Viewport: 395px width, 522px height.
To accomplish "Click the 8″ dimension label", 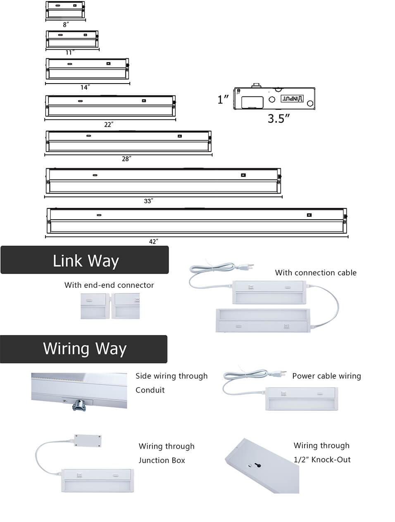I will pos(65,25).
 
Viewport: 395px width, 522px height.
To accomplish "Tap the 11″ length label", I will pos(69,53).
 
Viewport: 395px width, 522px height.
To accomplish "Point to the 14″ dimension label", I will pos(85,87).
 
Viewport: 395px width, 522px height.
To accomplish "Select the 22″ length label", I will pos(109,124).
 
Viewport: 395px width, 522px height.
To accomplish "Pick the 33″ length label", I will pos(148,201).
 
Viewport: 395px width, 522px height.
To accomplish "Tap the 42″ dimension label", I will pos(154,242).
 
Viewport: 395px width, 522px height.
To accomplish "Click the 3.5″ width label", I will pos(279,119).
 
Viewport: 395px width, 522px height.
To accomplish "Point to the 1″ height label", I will pos(223,99).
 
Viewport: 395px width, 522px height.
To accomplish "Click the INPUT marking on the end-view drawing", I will pos(292,98).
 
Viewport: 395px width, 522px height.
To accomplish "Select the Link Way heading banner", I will pos(85,260).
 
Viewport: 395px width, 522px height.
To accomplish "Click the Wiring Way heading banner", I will pos(84,349).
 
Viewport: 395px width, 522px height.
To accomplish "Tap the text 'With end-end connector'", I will pos(109,285).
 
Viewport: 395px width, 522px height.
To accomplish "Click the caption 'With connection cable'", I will pos(316,273).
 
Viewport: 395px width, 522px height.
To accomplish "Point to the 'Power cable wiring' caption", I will pos(326,376).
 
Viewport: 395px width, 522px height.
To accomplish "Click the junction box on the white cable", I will pos(88,441).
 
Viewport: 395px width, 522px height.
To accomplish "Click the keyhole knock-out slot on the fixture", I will pos(259,465).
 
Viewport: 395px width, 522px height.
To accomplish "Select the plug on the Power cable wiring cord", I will pos(279,374).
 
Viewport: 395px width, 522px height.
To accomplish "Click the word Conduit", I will pos(150,390).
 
